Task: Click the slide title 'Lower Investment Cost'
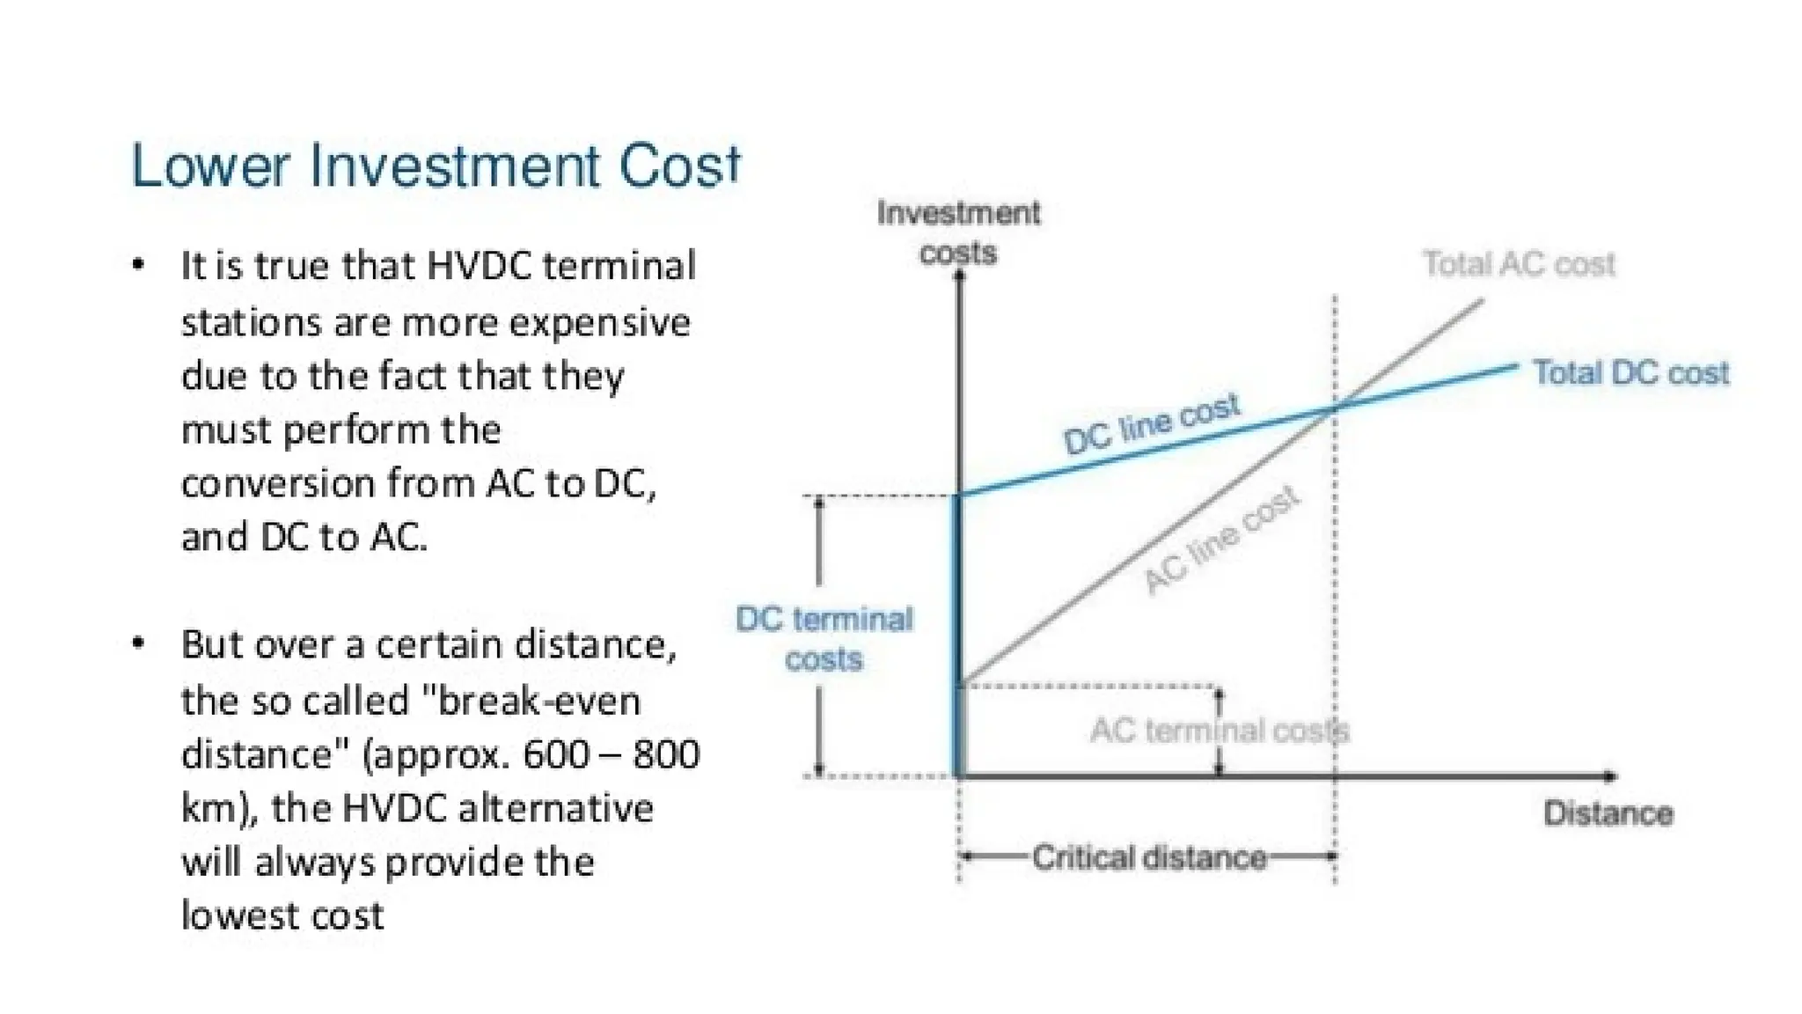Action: click(x=436, y=166)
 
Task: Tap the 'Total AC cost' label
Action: click(x=1519, y=263)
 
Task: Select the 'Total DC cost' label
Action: click(x=1630, y=372)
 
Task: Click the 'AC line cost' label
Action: click(x=1221, y=540)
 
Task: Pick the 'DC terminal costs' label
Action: click(x=824, y=638)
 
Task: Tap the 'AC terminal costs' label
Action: click(x=1220, y=730)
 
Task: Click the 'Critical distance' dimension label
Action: click(x=1149, y=856)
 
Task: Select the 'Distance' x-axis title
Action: click(x=1608, y=813)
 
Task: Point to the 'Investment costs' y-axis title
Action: click(x=958, y=232)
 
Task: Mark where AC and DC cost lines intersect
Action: click(x=1335, y=408)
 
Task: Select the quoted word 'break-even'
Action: click(x=539, y=701)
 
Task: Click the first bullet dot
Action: click(x=138, y=264)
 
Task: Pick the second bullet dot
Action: click(x=138, y=643)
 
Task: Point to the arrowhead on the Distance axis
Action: click(x=1610, y=776)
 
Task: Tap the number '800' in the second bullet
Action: click(x=666, y=754)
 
